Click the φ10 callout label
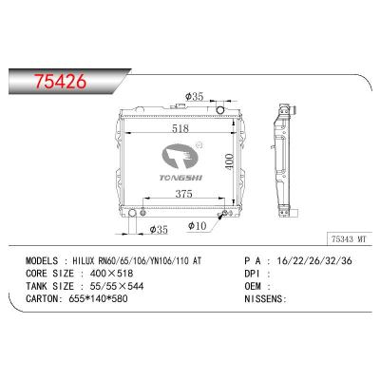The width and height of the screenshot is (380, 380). (199, 225)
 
